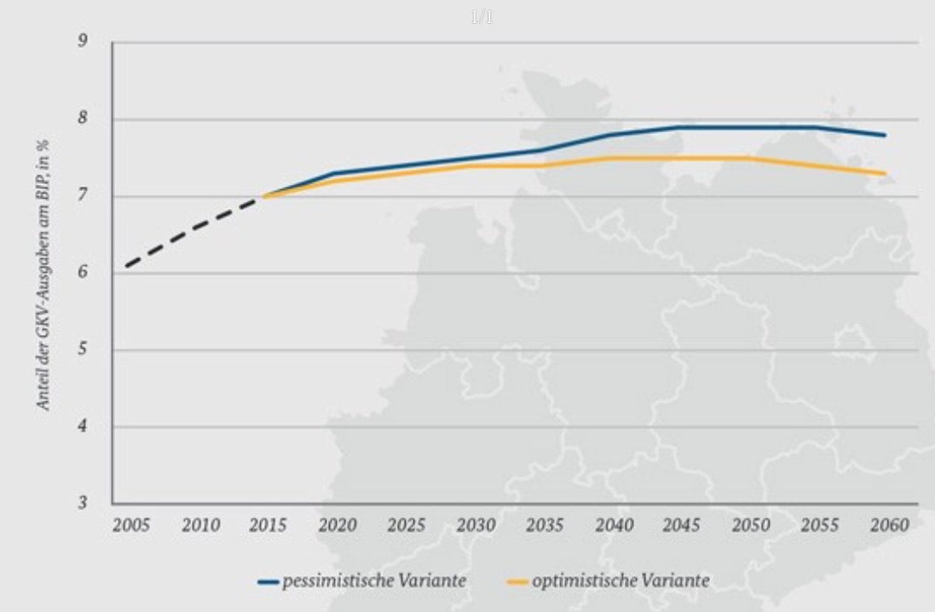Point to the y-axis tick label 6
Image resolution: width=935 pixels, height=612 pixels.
click(x=83, y=273)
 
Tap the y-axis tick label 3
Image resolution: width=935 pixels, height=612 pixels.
click(x=83, y=503)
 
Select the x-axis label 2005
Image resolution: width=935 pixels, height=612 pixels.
click(x=131, y=525)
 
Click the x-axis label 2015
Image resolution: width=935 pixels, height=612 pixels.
click(x=268, y=525)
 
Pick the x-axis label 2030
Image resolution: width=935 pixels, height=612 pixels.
click(x=476, y=525)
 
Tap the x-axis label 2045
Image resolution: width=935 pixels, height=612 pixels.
click(x=682, y=525)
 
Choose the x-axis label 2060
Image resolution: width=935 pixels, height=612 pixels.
click(x=888, y=525)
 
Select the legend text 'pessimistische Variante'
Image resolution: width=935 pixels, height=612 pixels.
click(x=374, y=581)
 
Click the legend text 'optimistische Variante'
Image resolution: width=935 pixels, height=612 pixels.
click(x=620, y=581)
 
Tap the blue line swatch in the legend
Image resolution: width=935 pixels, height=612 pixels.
click(x=268, y=582)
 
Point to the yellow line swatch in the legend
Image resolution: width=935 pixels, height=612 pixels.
click(x=517, y=582)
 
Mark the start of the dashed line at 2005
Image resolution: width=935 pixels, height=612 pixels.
click(x=127, y=266)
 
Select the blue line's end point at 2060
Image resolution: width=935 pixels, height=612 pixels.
click(x=886, y=135)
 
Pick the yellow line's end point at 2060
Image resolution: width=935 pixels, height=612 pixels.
click(x=886, y=173)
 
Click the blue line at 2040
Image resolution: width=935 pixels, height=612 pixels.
click(x=610, y=135)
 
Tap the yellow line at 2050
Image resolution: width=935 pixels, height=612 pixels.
click(x=748, y=158)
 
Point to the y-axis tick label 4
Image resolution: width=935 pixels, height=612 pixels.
click(x=83, y=426)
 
